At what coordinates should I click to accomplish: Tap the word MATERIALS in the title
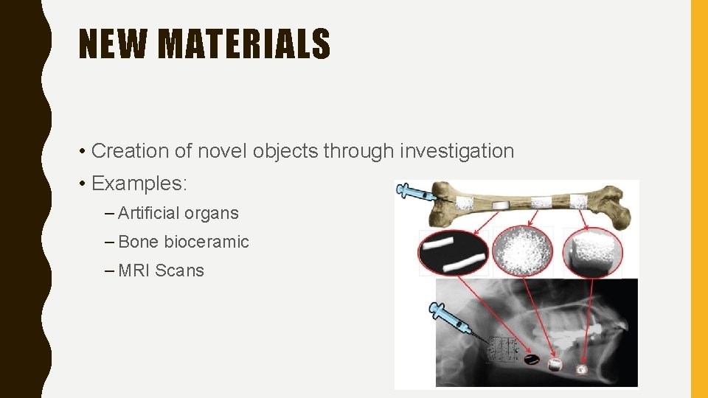(243, 43)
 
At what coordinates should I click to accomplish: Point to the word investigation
(457, 151)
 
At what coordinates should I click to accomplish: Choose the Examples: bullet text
(139, 182)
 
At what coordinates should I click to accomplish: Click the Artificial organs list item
(178, 214)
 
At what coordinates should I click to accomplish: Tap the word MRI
(134, 270)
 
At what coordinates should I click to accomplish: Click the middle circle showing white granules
(523, 252)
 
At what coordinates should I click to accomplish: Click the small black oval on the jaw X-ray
(531, 360)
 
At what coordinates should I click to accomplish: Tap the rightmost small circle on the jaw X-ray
(582, 369)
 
